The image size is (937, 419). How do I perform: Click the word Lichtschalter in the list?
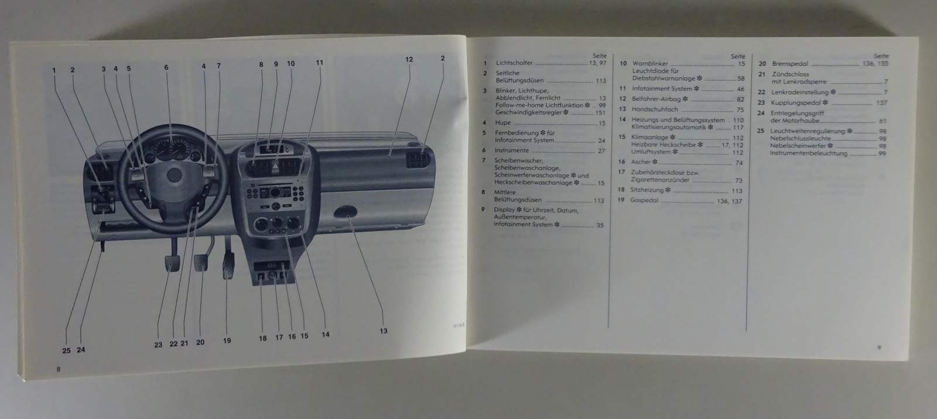click(x=514, y=63)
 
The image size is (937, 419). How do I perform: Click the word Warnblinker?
click(x=650, y=64)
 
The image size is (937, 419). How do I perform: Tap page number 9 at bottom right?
click(x=879, y=348)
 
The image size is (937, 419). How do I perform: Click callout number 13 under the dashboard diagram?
click(x=383, y=331)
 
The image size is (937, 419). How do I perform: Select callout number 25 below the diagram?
click(x=66, y=351)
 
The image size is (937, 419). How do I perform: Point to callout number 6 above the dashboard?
click(x=166, y=68)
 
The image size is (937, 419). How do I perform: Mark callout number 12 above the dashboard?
click(x=409, y=59)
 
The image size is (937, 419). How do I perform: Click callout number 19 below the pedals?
click(x=227, y=341)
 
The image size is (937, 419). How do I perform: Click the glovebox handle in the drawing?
click(x=345, y=212)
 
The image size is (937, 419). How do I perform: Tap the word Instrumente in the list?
click(x=512, y=150)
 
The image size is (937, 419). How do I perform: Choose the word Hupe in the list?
click(x=503, y=123)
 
